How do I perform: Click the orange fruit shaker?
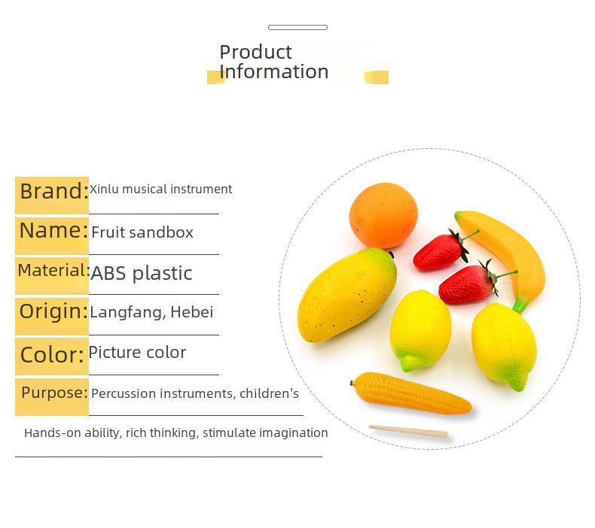coord(383,215)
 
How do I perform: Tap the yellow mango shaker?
coord(346,295)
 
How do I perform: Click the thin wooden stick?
coord(408,431)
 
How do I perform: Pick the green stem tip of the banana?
coord(520,305)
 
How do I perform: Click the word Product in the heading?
coord(255,52)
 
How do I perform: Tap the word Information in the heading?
coord(273,71)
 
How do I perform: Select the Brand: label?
coord(54,191)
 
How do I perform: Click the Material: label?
coord(53,271)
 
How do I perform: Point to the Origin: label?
coord(53,311)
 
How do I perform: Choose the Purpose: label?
coord(55,393)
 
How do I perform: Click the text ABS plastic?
coord(142,273)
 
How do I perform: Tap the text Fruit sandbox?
coord(142,232)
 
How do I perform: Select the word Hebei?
coord(191,312)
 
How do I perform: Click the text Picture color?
coord(137,353)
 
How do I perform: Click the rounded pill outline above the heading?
coord(298,27)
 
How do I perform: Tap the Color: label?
coord(52,355)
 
